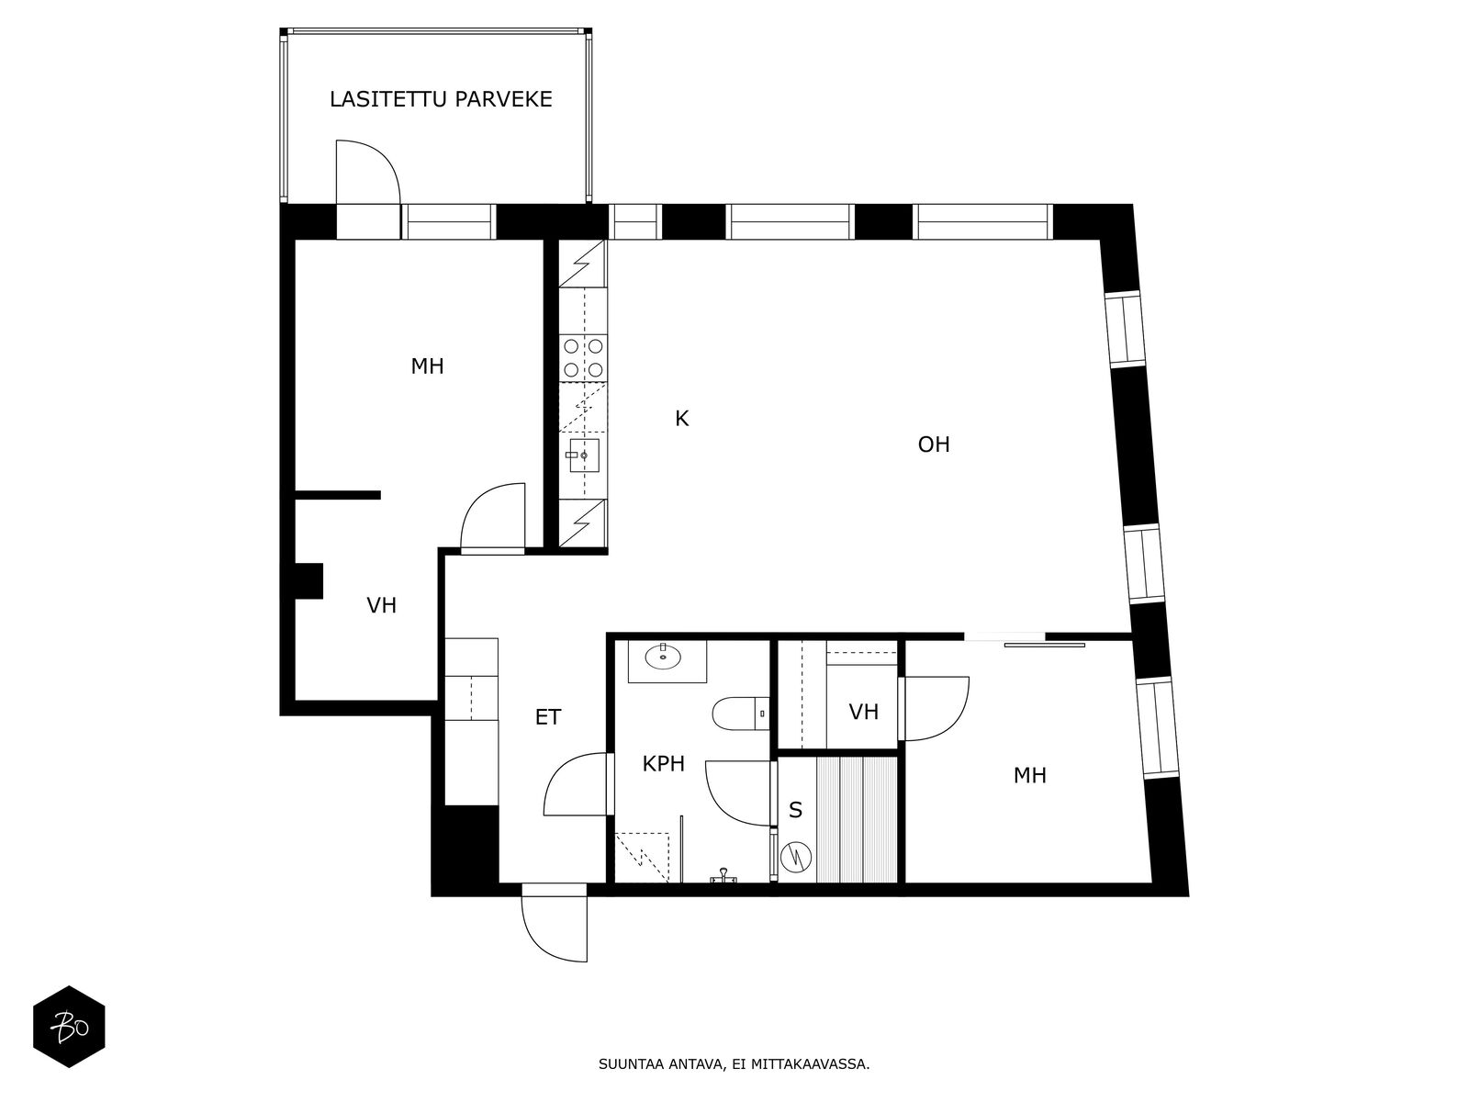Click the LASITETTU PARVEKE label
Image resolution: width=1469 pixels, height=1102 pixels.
point(441,99)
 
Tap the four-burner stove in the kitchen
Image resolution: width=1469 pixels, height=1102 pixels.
point(583,357)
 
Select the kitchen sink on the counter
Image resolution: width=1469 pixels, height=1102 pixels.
point(583,454)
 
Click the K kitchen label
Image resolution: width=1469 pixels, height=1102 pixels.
point(681,420)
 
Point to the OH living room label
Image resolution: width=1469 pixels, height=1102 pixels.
point(934,445)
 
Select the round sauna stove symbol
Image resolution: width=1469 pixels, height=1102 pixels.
point(795,857)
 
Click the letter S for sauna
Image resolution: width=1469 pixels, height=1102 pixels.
point(795,811)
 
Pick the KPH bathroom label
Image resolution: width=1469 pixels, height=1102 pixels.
point(663,764)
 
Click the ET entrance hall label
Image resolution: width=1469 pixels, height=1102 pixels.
point(548,718)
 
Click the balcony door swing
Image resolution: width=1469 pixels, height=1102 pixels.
point(367,172)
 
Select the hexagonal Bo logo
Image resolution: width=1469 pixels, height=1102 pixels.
point(69,1027)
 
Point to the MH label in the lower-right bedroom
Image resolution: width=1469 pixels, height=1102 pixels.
point(1029,776)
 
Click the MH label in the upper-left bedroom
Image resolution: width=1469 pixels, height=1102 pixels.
point(427,367)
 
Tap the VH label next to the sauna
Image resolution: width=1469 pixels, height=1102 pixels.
point(863,713)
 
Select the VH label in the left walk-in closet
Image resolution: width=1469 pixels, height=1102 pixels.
point(381,606)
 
